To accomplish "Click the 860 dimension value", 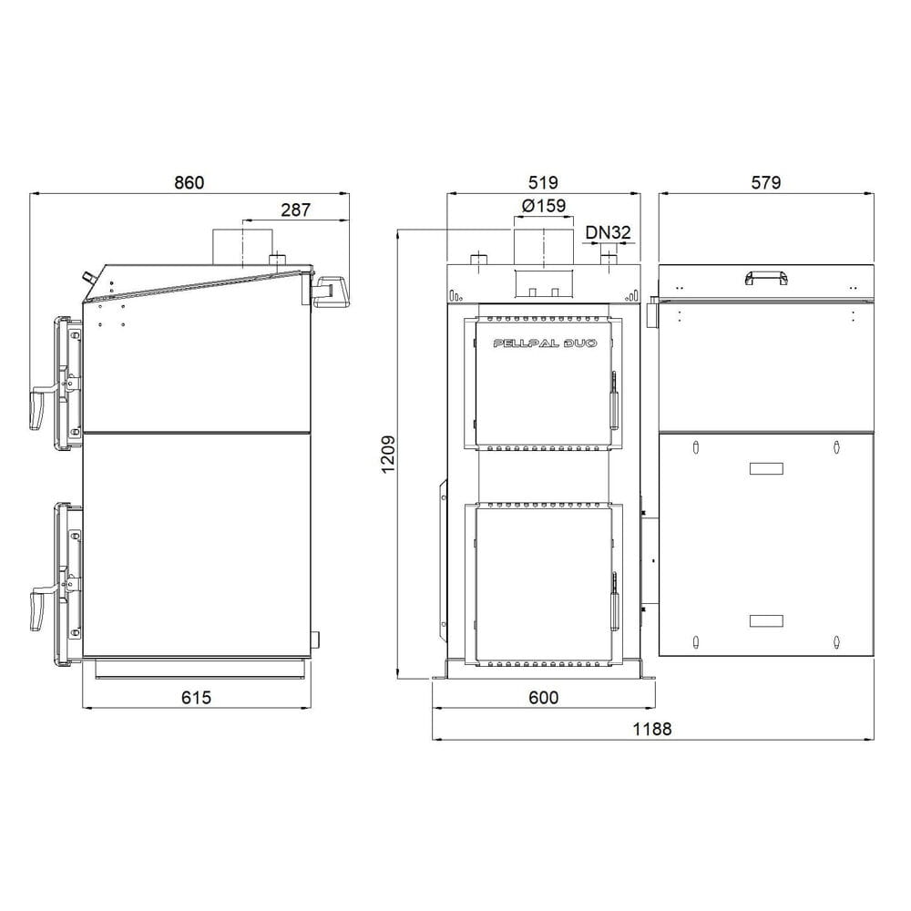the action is (189, 182).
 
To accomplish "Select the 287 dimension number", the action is (296, 210).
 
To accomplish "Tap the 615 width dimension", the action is (197, 697).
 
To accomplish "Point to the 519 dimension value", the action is (543, 182).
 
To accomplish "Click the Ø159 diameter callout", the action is (544, 206).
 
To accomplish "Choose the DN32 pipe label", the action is (608, 232).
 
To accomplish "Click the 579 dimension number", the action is (766, 182).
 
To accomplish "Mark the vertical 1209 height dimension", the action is (388, 455).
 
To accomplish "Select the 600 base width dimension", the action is (544, 697).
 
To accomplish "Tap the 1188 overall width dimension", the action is (652, 729).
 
